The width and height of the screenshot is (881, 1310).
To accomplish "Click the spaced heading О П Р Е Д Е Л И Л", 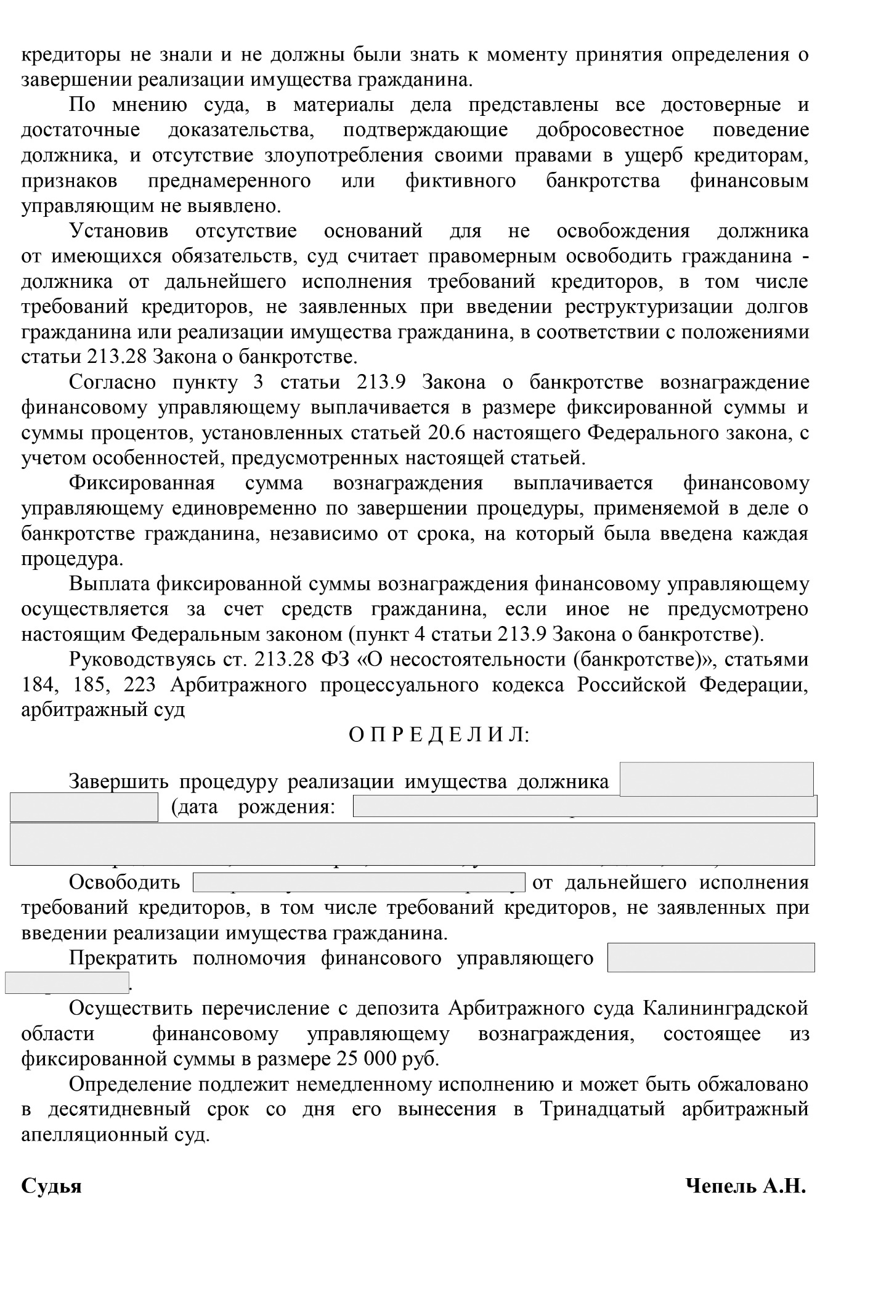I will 439,735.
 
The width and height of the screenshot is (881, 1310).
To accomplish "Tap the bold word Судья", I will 51,1186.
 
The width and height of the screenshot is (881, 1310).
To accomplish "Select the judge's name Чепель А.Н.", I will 745,1186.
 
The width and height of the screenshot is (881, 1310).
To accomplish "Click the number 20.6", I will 443,433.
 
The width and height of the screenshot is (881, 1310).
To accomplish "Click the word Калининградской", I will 725,1009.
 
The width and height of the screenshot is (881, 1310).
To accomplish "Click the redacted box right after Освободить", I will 359,882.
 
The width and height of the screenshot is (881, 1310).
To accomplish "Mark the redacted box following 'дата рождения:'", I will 585,806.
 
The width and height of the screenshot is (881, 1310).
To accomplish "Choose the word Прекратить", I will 123,958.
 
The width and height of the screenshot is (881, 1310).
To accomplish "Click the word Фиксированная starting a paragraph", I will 142,483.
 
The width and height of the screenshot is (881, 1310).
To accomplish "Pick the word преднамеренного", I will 229,181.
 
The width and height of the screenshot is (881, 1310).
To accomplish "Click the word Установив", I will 118,231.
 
